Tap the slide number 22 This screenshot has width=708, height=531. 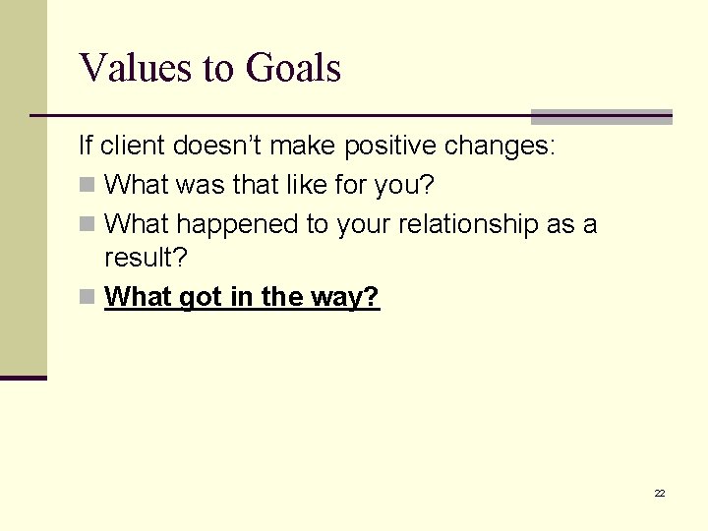(660, 493)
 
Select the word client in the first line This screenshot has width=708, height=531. (133, 147)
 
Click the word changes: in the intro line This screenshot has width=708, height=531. (500, 147)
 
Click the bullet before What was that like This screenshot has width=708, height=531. (87, 186)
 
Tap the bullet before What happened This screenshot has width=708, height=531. (87, 225)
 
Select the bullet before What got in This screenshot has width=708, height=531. (87, 298)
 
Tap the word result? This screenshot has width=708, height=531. (146, 260)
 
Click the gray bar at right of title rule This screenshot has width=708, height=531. (601, 116)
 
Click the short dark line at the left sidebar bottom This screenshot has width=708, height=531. (24, 378)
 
